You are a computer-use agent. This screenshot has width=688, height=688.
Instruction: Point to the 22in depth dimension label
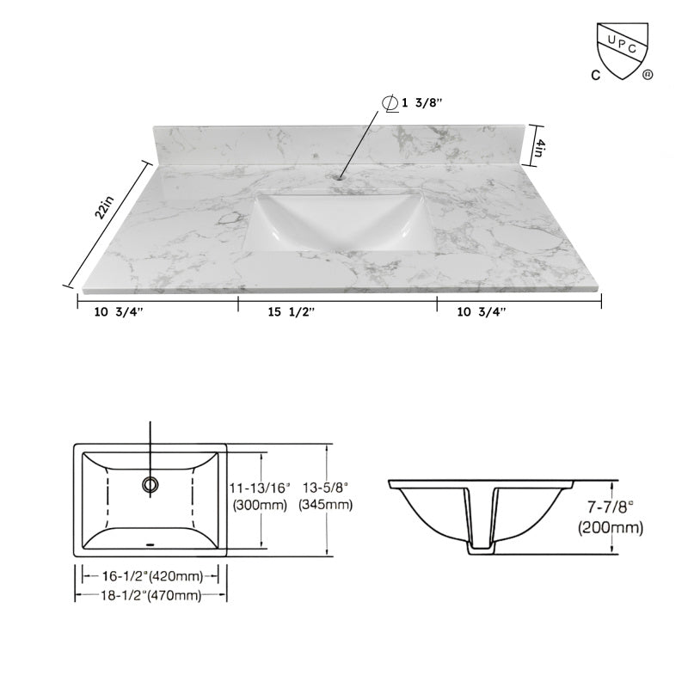[x=105, y=209]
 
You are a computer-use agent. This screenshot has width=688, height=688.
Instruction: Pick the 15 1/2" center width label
[x=290, y=312]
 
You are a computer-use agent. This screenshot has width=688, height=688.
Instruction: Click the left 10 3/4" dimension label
[x=119, y=312]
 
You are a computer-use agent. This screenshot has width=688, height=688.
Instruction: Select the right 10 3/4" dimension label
[x=482, y=312]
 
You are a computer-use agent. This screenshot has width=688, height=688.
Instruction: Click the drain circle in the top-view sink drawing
[x=151, y=485]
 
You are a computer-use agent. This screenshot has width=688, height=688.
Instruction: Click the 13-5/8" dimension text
[x=325, y=488]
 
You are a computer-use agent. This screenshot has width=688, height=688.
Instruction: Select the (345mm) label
[x=325, y=505]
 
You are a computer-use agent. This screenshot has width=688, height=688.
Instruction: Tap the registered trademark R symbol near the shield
[x=648, y=75]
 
